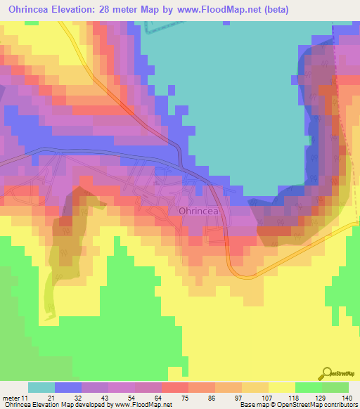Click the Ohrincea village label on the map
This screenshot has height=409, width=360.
(201, 210)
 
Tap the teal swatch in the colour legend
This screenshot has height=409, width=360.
(41, 387)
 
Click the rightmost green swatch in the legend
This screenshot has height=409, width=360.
(335, 387)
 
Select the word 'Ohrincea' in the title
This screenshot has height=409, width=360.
(29, 10)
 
